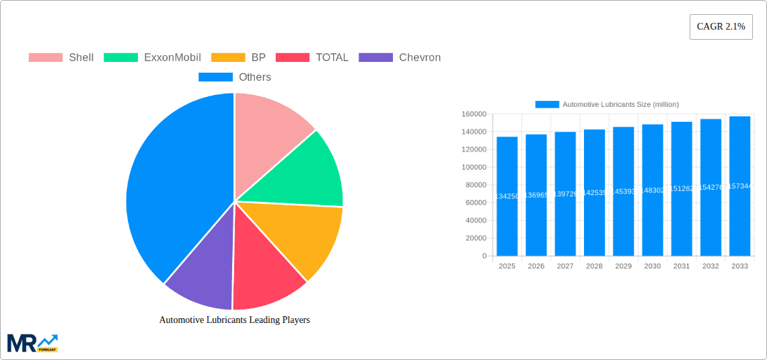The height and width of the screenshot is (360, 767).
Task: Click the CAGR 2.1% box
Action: click(x=721, y=27)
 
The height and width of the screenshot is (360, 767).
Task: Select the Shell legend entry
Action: click(x=61, y=57)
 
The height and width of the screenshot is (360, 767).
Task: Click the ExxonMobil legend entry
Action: click(x=153, y=57)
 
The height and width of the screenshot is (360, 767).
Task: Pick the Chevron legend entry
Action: click(x=400, y=57)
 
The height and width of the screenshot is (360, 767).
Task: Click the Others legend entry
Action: click(x=235, y=77)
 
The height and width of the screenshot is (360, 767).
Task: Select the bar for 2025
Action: click(x=507, y=196)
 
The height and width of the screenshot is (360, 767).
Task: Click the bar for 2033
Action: click(x=739, y=186)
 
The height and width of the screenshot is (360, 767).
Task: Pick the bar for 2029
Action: click(x=623, y=191)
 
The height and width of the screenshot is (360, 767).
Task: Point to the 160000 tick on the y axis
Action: click(x=474, y=114)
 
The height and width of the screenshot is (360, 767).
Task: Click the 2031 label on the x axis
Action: click(x=682, y=266)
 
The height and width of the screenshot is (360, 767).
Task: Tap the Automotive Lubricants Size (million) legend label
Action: click(x=620, y=104)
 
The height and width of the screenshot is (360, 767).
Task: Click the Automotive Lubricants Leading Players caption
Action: click(x=234, y=320)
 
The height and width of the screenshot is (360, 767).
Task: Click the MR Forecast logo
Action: click(x=32, y=343)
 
